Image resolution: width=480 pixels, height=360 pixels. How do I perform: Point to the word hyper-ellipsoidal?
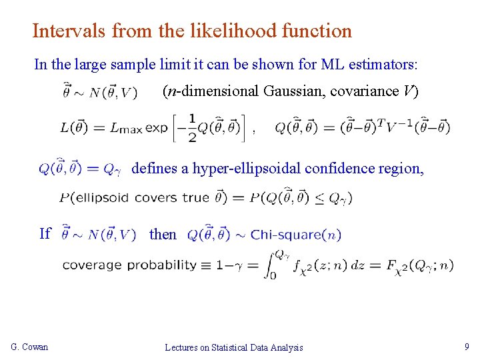tap(247, 169)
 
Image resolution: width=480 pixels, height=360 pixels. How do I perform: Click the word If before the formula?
tap(45, 233)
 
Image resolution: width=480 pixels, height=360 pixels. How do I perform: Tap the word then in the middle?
tap(163, 234)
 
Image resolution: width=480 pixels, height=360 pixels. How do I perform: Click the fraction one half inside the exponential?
tap(193, 128)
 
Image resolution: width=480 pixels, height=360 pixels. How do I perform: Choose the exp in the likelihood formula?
tap(157, 128)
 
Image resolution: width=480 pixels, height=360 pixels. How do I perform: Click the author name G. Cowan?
tap(29, 347)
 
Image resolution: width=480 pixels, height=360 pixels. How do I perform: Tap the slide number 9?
tap(466, 347)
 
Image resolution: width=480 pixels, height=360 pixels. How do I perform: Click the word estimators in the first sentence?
tap(383, 65)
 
